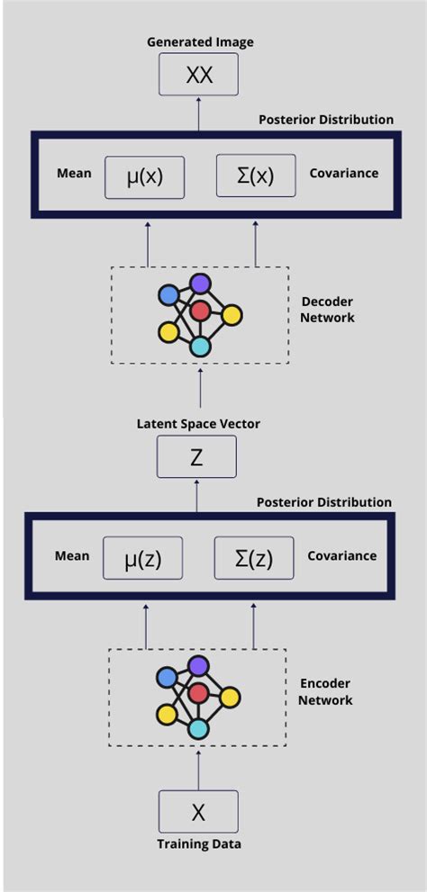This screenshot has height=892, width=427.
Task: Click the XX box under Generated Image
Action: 199,74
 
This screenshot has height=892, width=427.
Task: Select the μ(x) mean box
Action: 145,176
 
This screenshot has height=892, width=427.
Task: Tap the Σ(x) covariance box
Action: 256,176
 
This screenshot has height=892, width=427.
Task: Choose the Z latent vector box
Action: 196,456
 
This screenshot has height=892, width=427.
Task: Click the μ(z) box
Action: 143,558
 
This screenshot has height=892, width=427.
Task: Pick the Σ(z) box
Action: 254,558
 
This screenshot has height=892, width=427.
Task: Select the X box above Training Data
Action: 198,811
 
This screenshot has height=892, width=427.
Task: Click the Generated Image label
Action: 199,42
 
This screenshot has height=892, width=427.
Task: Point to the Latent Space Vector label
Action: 198,423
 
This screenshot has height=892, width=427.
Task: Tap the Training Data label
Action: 198,844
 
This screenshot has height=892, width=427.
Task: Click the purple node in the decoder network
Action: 200,284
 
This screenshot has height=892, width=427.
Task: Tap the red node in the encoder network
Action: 199,693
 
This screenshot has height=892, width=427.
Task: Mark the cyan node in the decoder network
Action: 200,347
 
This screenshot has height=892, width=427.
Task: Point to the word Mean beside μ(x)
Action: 74,173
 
